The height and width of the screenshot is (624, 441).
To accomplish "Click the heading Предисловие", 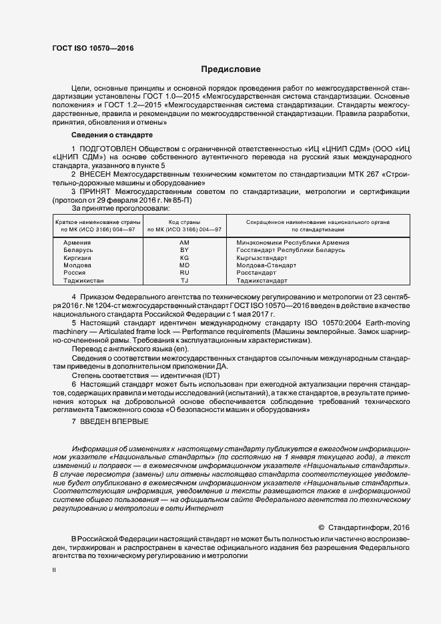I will tap(231, 69).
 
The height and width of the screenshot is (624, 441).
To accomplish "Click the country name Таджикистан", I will tap(83, 281).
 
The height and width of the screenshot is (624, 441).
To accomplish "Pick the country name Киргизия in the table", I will tap(77, 257).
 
